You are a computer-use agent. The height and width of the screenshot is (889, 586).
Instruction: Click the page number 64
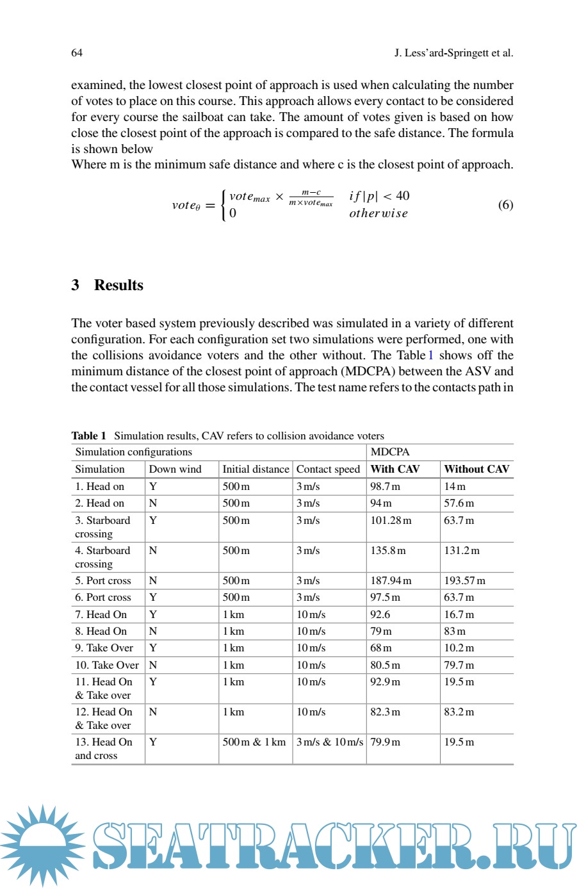point(77,53)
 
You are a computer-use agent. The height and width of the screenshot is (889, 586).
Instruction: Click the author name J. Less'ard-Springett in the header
point(453,53)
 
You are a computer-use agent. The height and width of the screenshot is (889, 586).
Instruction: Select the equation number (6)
point(505,204)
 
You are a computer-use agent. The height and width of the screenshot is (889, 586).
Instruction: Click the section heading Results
point(118,285)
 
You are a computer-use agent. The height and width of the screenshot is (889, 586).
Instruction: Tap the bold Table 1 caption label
point(88,436)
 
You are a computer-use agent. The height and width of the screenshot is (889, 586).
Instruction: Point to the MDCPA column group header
point(389,452)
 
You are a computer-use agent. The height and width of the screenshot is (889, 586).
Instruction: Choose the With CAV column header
point(395,469)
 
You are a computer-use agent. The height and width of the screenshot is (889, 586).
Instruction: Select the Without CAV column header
point(476,469)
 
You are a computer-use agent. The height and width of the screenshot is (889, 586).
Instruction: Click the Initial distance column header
point(256,469)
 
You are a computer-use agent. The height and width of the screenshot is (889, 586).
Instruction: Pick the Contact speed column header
point(328,469)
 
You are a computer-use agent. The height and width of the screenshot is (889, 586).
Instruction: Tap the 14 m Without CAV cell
point(455,486)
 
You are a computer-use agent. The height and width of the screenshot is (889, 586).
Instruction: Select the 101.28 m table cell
point(391,520)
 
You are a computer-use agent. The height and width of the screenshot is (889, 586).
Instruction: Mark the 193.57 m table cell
point(464,580)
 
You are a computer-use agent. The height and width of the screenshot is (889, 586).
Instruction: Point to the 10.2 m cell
point(459,648)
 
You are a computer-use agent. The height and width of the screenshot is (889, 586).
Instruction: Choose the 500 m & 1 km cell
point(254,742)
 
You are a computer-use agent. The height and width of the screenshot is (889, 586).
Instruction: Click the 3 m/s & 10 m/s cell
point(329,742)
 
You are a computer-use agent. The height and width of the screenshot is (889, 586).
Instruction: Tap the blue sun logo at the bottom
point(42,845)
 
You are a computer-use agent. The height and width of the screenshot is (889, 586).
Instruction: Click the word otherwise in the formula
point(378,213)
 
